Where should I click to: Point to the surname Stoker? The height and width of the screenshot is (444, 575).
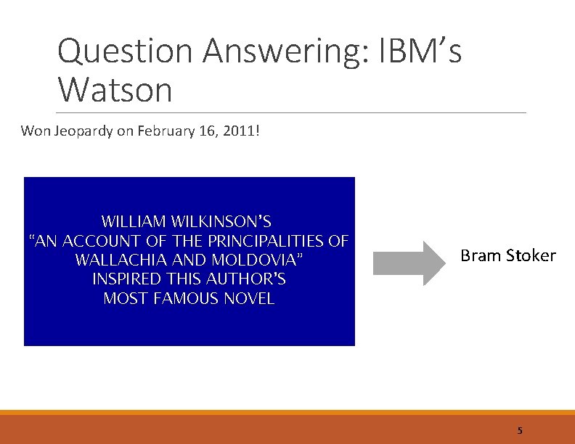point(529,255)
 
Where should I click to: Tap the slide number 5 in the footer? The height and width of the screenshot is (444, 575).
point(520,430)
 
